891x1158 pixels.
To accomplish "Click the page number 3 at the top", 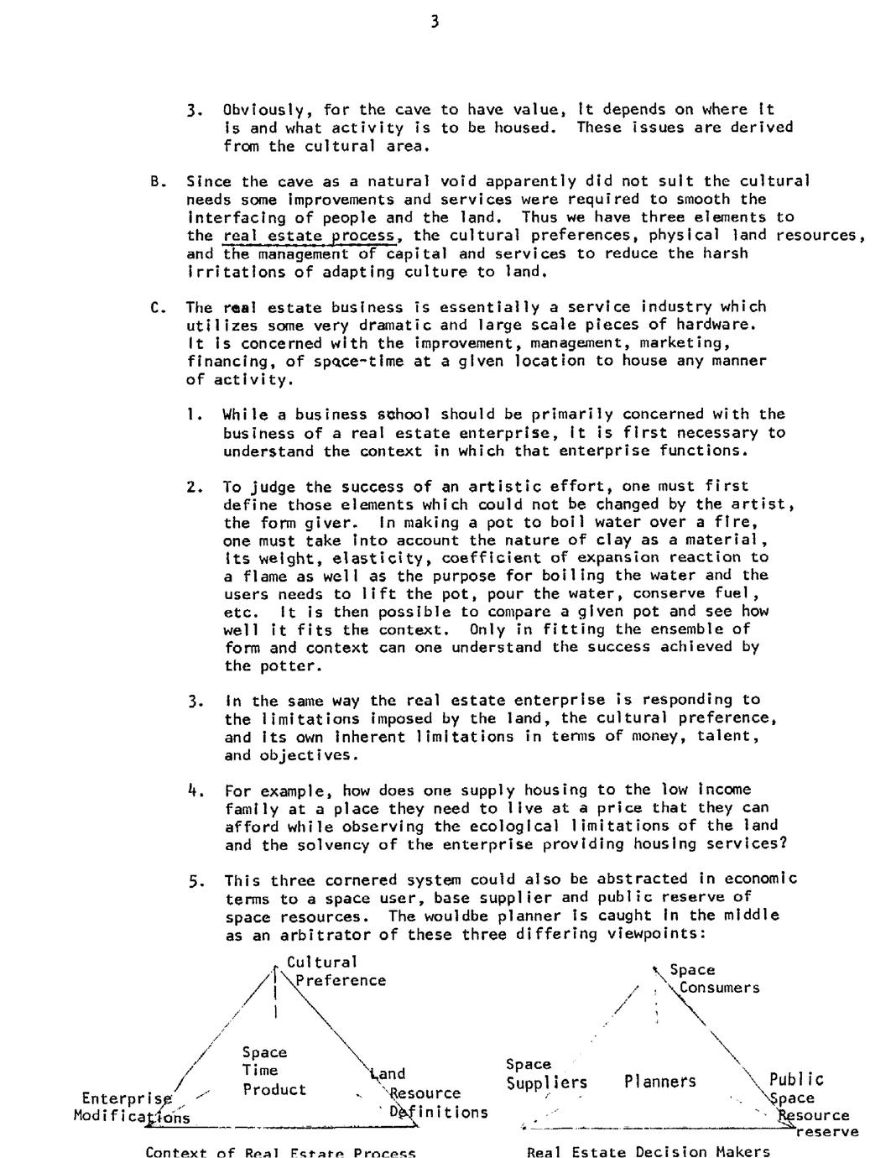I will tap(434, 23).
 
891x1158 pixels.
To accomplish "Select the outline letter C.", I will tap(155, 307).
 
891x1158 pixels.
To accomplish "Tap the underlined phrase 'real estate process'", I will tap(309, 236).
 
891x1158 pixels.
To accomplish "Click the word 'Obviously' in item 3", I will tap(262, 109).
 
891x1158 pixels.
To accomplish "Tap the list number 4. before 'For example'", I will tap(195, 790).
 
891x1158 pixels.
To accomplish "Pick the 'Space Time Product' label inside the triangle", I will tap(274, 1071).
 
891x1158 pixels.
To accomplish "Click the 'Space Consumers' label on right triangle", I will tap(713, 979).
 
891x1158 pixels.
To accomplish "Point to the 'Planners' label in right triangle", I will tap(659, 1082).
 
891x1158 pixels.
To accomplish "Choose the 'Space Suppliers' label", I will tap(545, 1074).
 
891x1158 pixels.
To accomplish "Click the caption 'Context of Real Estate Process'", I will tap(280, 1151).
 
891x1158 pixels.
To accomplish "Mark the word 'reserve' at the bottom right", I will tap(827, 1132).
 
